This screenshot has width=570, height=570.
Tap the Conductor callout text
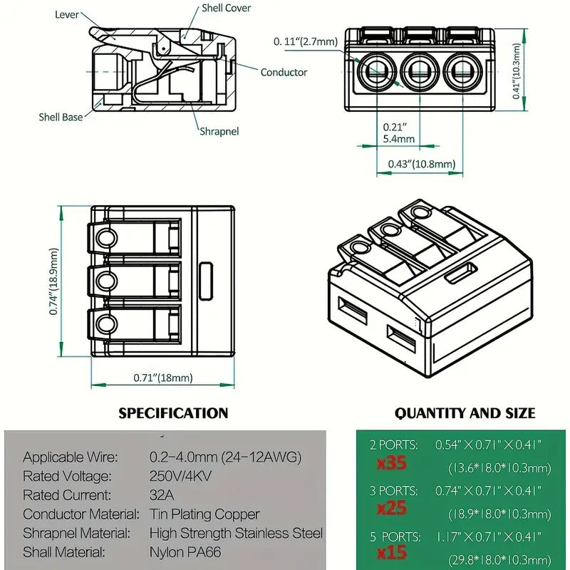click(284, 72)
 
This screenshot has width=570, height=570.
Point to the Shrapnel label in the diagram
click(219, 131)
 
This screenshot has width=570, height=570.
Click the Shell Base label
click(61, 117)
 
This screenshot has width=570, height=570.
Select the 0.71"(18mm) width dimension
click(163, 378)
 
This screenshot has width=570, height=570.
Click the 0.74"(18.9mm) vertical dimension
click(53, 281)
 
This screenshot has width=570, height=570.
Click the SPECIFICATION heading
click(173, 413)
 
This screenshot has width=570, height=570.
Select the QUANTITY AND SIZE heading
click(465, 413)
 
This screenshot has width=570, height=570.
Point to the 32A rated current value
click(161, 495)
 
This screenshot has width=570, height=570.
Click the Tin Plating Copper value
click(204, 514)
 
